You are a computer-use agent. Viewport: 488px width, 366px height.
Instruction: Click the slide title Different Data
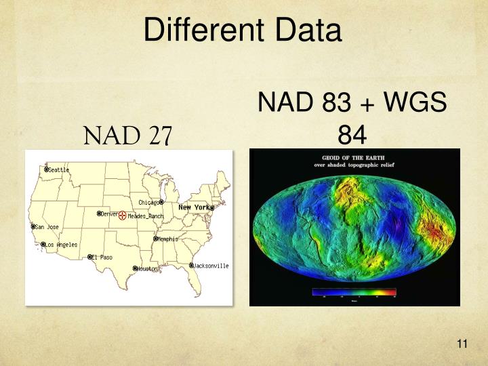(243, 30)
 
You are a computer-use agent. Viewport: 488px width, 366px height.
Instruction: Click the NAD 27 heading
(128, 136)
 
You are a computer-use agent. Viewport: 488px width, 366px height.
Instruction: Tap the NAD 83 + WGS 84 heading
(352, 119)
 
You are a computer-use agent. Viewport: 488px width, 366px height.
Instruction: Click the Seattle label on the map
(59, 170)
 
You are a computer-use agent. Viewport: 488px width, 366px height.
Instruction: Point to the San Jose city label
(48, 227)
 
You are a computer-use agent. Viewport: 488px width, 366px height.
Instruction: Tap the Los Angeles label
(62, 245)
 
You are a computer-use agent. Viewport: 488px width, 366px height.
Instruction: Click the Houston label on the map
(147, 269)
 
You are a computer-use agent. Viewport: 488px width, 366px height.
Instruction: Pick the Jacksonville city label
(212, 266)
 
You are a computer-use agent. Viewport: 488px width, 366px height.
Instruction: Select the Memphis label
(168, 239)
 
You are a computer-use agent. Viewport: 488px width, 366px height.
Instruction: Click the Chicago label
(148, 203)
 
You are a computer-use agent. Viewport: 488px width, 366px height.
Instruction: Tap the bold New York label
(194, 207)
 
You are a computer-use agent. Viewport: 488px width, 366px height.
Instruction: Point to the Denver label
(110, 213)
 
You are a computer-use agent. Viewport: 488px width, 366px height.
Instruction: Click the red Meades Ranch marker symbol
(122, 216)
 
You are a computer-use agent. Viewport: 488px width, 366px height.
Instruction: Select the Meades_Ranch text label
(146, 216)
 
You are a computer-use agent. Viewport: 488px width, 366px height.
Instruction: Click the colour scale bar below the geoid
(354, 292)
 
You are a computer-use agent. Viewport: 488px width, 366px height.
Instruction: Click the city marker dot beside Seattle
(46, 169)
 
